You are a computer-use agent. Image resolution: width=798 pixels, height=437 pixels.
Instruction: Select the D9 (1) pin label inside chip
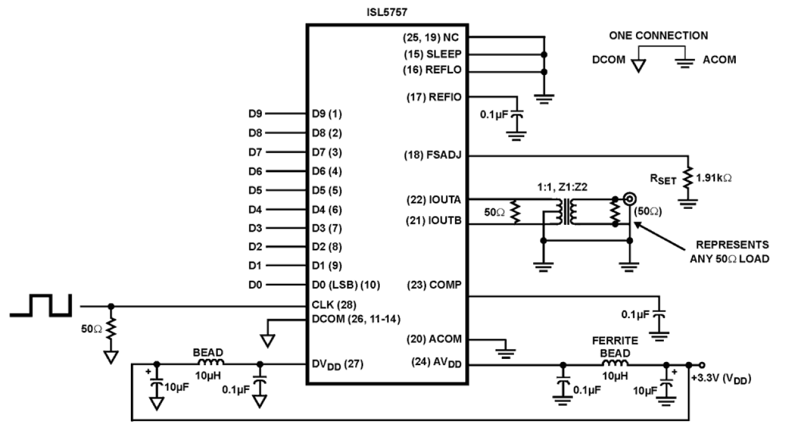(x=327, y=114)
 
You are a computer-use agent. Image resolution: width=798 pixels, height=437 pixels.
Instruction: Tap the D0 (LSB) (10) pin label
(x=346, y=285)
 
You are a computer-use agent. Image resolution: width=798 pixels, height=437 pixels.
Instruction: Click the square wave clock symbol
(x=42, y=304)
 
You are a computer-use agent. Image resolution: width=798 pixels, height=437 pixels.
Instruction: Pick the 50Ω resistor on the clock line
(x=111, y=329)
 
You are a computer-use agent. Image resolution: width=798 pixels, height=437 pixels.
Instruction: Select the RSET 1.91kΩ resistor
(x=687, y=178)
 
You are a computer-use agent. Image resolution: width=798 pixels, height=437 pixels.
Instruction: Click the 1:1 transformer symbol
(x=563, y=212)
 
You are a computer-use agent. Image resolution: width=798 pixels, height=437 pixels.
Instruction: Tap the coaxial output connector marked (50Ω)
(x=630, y=199)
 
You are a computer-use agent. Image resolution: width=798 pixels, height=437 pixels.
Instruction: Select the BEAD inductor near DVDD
(x=208, y=365)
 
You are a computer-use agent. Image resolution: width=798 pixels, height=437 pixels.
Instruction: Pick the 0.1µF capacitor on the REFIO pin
(x=518, y=117)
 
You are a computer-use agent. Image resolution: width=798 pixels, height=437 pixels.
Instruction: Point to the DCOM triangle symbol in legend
(x=639, y=63)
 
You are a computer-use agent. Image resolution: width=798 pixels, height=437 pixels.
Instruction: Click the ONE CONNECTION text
(x=658, y=36)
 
